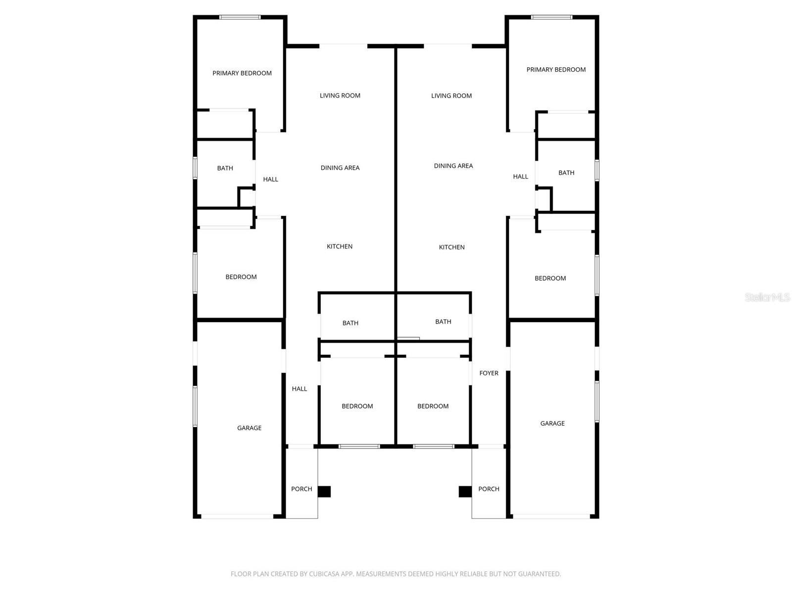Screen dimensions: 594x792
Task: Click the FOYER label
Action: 489,373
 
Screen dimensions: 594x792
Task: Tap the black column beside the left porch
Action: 324,492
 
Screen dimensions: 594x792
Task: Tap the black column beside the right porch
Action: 465,492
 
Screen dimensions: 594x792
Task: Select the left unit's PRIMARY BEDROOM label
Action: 242,73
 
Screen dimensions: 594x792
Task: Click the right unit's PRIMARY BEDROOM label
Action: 556,70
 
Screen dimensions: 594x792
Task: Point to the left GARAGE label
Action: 249,428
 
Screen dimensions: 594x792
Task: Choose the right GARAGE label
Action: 552,423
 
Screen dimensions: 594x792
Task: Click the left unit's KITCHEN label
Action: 340,247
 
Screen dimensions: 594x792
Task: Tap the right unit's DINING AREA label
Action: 453,166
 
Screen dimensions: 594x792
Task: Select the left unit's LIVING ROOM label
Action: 340,96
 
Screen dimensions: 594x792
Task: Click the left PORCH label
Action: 301,489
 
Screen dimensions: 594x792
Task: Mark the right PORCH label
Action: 489,489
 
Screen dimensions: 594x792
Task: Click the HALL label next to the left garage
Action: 299,389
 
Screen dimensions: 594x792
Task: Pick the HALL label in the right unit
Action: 520,176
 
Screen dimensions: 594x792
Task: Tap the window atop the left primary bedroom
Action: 240,17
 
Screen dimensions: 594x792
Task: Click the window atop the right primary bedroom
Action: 551,17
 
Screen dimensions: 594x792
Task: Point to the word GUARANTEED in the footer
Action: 539,574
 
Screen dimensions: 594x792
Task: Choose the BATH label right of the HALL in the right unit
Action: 566,173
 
